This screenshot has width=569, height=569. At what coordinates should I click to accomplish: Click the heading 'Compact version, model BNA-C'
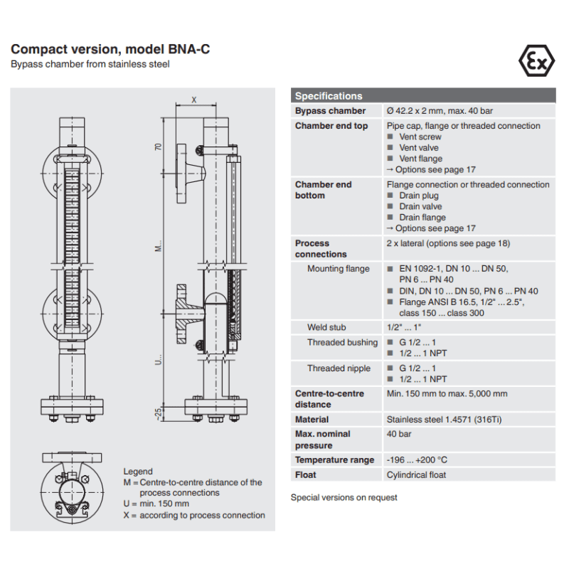click(110, 50)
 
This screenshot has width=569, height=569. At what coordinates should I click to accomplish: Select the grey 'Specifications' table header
click(329, 96)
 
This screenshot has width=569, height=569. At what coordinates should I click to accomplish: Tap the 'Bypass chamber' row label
click(330, 111)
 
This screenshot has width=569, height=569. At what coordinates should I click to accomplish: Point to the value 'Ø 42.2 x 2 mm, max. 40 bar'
click(440, 111)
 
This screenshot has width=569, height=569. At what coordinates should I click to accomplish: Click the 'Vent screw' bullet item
click(420, 137)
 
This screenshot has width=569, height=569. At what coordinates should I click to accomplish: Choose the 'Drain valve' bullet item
click(420, 207)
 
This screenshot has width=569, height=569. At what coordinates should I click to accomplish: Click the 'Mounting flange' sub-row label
click(339, 269)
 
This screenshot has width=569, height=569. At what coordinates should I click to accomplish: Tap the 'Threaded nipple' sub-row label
click(339, 368)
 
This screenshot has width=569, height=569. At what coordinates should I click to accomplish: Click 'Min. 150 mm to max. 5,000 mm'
click(447, 393)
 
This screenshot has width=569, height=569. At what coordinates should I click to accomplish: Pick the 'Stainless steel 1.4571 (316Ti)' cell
click(444, 420)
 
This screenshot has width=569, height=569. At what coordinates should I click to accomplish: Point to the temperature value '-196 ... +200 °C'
click(417, 460)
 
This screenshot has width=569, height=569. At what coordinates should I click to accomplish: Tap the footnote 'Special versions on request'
click(344, 497)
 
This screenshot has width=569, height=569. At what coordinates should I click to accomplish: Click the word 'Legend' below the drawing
click(138, 472)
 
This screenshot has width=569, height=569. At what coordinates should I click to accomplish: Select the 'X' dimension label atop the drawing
click(194, 100)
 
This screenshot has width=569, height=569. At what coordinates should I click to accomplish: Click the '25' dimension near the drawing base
click(159, 410)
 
